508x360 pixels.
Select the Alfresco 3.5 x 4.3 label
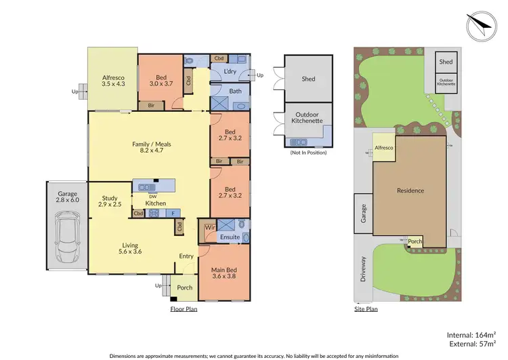tap(112, 81)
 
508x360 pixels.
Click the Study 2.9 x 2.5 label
tap(110, 201)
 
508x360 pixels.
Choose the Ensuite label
tap(230, 237)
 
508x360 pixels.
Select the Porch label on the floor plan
tap(184, 287)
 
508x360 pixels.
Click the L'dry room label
tap(230, 73)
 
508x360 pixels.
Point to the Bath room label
tap(235, 91)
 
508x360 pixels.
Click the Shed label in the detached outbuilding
tap(308, 78)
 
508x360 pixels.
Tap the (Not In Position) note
tap(308, 153)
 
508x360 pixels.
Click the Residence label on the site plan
tap(410, 191)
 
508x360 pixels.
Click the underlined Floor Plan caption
tap(183, 308)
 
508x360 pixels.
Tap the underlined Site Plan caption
tap(366, 308)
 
